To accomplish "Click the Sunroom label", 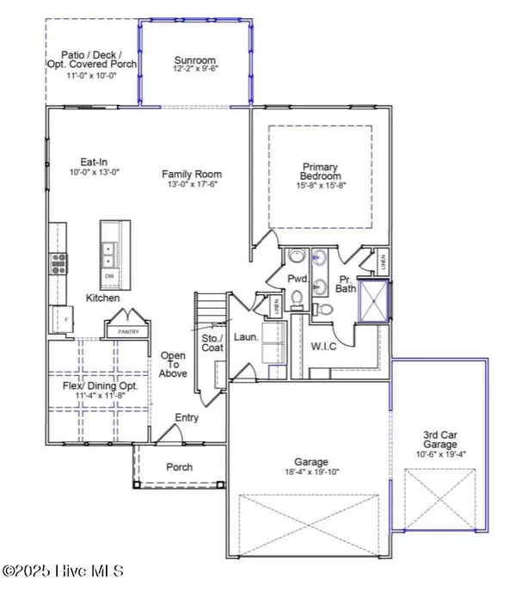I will coord(194,60).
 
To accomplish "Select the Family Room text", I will coord(187,174).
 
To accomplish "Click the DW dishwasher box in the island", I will coord(109,276).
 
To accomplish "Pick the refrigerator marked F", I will coord(61,320).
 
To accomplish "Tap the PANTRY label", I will coord(127,330).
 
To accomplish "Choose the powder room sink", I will coord(298,259).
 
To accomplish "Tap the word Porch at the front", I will coord(178,468).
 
